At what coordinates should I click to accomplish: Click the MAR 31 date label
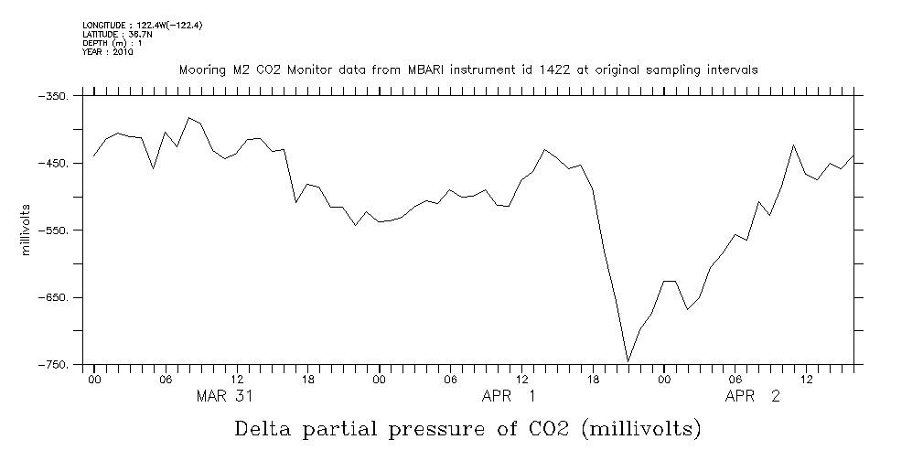225,397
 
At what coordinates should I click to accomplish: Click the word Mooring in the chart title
202,70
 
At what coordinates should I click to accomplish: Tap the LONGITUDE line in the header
142,26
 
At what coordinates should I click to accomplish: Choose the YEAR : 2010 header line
108,52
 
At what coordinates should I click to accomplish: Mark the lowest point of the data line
628,361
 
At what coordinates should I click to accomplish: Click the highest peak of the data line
188,118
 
